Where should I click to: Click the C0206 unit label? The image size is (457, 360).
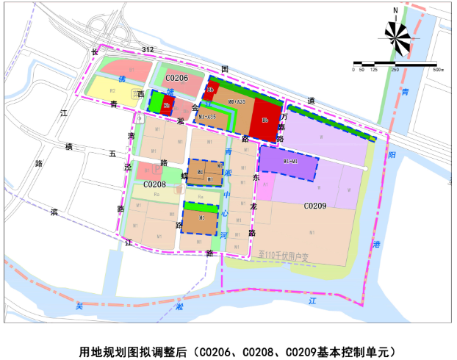[x=176, y=78]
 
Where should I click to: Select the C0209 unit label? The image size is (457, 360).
[x=315, y=208]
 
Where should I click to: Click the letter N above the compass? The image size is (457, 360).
[x=395, y=10]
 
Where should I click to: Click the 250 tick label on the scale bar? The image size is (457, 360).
[x=395, y=70]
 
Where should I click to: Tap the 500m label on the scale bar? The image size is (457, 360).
[x=439, y=70]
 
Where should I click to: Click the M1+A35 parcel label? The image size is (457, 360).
[x=206, y=116]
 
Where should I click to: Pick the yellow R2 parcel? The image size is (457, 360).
[x=112, y=91]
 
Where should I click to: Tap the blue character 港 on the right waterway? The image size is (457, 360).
[x=377, y=244]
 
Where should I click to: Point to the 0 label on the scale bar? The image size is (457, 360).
[x=353, y=70]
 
